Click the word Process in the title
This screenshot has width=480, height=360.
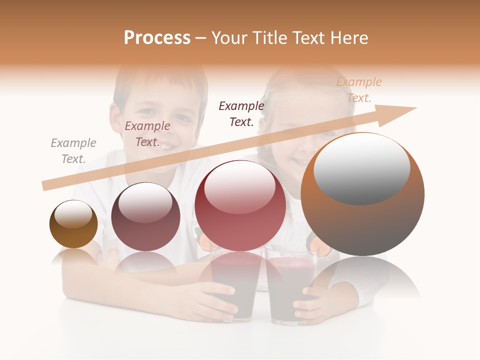(157, 38)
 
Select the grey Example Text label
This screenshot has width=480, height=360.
(73, 151)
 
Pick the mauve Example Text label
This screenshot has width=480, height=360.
(147, 134)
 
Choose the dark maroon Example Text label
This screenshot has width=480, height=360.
(241, 114)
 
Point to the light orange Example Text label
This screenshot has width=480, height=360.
(358, 90)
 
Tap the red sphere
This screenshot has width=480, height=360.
(240, 210)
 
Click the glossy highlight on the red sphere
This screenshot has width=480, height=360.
(239, 187)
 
